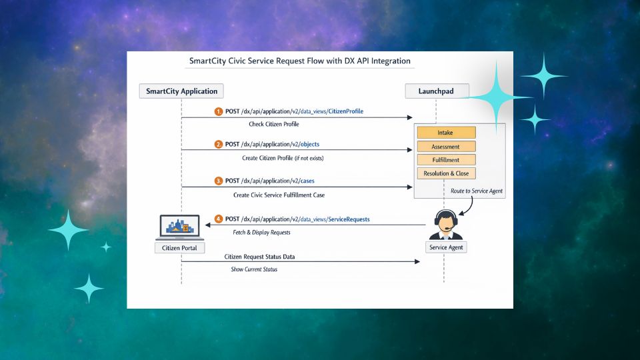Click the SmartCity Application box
pos(181,91)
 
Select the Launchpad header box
pos(436,91)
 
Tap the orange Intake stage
pos(446,133)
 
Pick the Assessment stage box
pos(446,146)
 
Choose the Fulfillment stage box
pos(446,160)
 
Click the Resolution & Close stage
pos(446,173)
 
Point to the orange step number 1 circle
pos(219,111)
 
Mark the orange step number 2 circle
pos(219,144)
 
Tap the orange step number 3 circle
pos(219,181)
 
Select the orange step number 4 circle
pos(219,219)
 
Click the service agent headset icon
pos(445,224)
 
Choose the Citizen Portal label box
pos(181,248)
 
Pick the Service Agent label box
pos(446,247)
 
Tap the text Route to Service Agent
pos(477,191)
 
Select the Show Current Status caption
pos(254,269)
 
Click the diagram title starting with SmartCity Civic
pos(300,61)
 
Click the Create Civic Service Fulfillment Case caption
pos(279,195)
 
